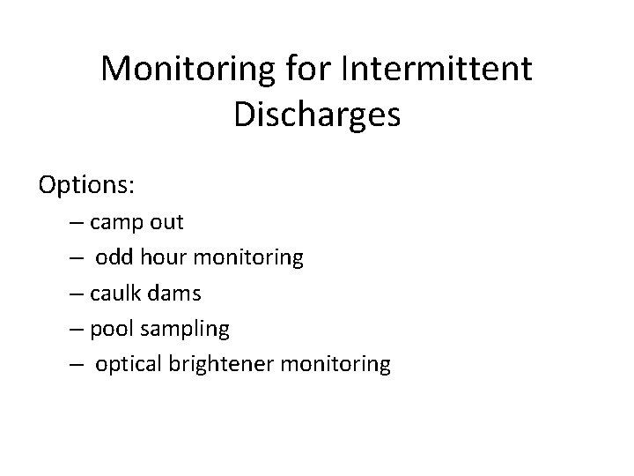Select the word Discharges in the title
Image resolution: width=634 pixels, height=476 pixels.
coord(317,115)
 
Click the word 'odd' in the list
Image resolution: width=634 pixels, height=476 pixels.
coord(114,257)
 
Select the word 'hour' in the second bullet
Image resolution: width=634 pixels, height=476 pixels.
coord(163,257)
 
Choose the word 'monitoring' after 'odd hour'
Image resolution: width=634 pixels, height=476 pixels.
coord(248,258)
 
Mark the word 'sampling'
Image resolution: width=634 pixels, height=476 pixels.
coord(186,330)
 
